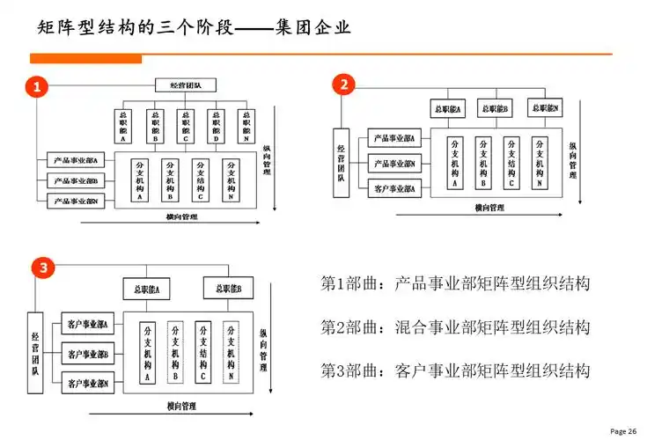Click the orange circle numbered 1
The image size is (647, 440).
pyautogui.click(x=37, y=86)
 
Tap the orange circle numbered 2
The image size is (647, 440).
pyautogui.click(x=344, y=84)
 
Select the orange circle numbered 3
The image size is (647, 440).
pyautogui.click(x=41, y=268)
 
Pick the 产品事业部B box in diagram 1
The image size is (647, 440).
pyautogui.click(x=75, y=180)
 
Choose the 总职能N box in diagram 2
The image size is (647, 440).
pyautogui.click(x=546, y=107)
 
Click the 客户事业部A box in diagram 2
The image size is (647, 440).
pyautogui.click(x=395, y=187)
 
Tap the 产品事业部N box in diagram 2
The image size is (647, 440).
pyautogui.click(x=395, y=164)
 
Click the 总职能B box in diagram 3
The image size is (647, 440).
pyautogui.click(x=223, y=288)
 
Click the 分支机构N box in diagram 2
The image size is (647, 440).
pyautogui.click(x=539, y=163)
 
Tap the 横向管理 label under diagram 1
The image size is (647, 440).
pyautogui.click(x=181, y=216)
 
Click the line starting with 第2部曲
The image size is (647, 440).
pyautogui.click(x=454, y=327)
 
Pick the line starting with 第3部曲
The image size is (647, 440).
pyautogui.click(x=454, y=370)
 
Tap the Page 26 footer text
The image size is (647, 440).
pyautogui.click(x=623, y=430)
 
